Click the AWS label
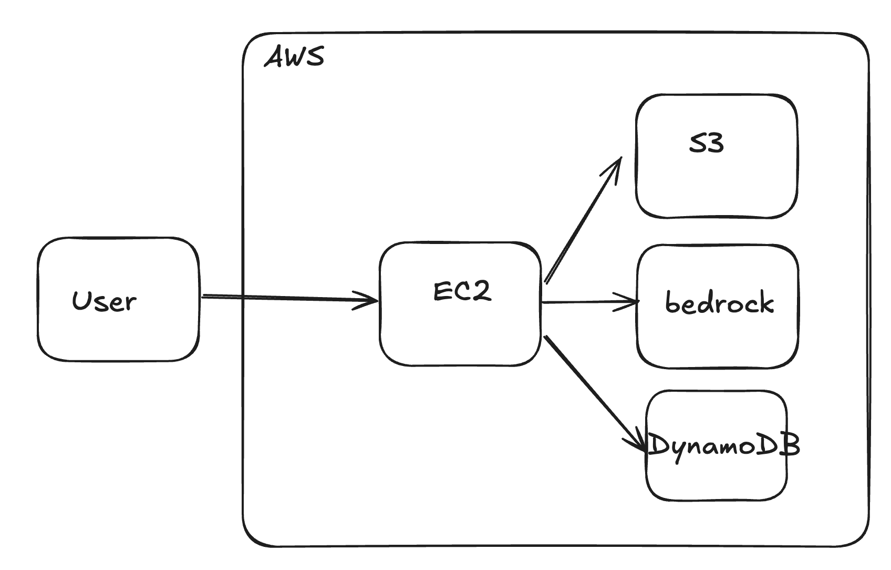pos(294,57)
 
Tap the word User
pos(104,301)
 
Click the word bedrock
pos(719,303)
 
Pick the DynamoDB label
pos(723,445)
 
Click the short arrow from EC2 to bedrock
pos(583,302)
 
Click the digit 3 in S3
pos(715,142)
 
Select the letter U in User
pos(81,300)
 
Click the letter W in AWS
pos(294,57)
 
